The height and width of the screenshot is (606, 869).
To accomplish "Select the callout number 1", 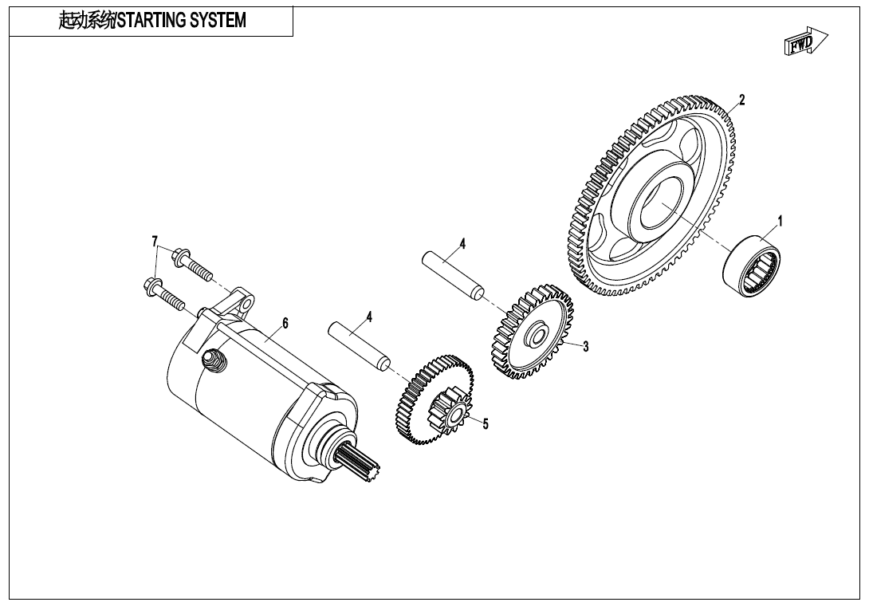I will click(x=780, y=221).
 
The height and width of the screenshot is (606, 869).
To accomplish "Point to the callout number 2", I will click(x=741, y=100).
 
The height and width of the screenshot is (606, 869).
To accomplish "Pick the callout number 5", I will click(x=485, y=423).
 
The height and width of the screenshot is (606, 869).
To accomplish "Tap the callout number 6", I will click(x=285, y=323).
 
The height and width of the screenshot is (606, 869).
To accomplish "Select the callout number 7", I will click(x=155, y=241).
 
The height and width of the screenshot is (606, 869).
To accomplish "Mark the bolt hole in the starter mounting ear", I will click(x=246, y=305).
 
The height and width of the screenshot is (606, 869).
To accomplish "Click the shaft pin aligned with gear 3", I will click(x=452, y=274).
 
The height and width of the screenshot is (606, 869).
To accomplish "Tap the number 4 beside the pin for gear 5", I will click(x=369, y=317).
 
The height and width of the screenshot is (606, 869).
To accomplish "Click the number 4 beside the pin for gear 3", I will click(x=462, y=243).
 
